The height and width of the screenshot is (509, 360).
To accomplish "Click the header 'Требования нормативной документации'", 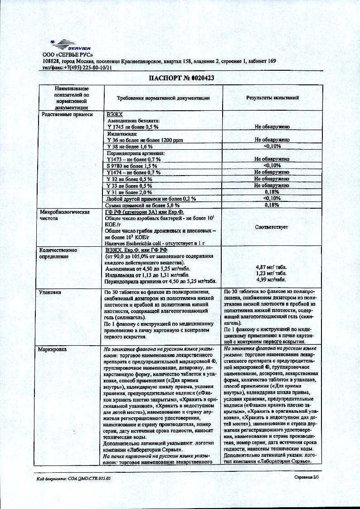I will pyautogui.click(x=163, y=98).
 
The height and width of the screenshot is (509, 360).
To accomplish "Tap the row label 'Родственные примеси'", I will pyautogui.click(x=60, y=115).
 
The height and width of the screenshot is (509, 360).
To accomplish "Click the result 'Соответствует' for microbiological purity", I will pyautogui.click(x=272, y=227).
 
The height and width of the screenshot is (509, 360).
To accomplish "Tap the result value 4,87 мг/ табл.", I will pyautogui.click(x=272, y=268).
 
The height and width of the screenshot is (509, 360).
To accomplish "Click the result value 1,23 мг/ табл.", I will pyautogui.click(x=272, y=274).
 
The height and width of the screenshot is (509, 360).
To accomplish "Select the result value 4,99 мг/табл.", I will pyautogui.click(x=272, y=280).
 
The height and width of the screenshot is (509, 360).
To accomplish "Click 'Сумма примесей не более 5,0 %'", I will pyautogui.click(x=139, y=205).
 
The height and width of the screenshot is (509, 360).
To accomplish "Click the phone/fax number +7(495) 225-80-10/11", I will pyautogui.click(x=88, y=67).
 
